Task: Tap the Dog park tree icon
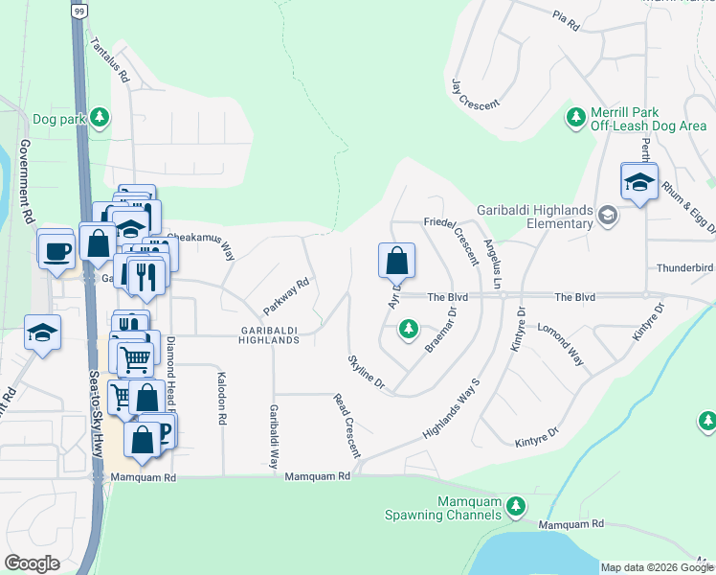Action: tap(100, 119)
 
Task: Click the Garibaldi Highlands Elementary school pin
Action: tap(607, 217)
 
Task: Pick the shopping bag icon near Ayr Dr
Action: tap(396, 261)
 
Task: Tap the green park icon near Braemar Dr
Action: tap(409, 330)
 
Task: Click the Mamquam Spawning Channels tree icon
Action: tap(516, 505)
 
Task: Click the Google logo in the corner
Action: tap(32, 563)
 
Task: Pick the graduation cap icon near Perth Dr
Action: tap(638, 182)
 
